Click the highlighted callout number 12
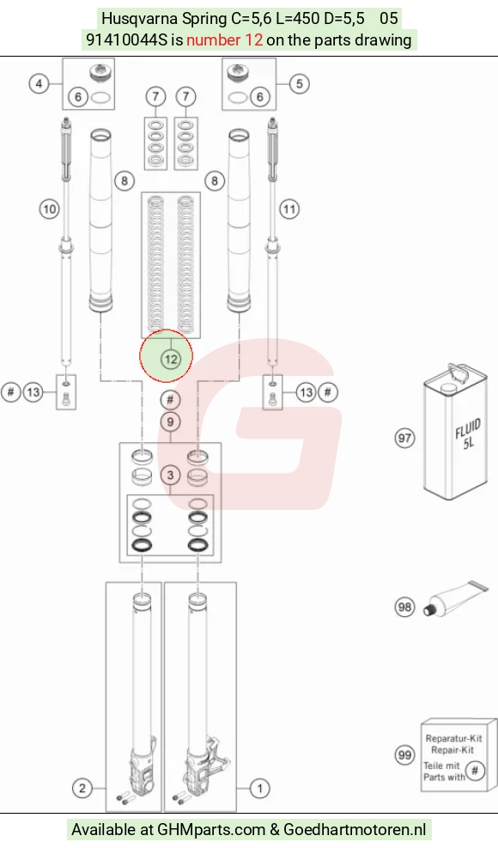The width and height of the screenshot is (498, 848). click(x=171, y=359)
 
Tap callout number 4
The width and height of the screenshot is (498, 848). click(x=39, y=84)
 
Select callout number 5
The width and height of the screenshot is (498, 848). click(x=299, y=84)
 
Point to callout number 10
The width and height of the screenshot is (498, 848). click(x=49, y=209)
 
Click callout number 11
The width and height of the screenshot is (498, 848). click(x=289, y=209)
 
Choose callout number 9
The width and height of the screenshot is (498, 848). click(x=171, y=421)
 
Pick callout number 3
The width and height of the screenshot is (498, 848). click(x=171, y=475)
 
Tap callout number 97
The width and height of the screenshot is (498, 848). click(x=404, y=438)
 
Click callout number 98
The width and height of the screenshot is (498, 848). click(x=404, y=607)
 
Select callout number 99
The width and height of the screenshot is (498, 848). click(x=404, y=755)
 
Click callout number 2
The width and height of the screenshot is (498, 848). click(x=82, y=788)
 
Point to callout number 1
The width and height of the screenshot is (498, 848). click(x=260, y=788)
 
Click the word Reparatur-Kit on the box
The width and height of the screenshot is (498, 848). click(x=453, y=738)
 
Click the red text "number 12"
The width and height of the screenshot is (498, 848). click(x=225, y=39)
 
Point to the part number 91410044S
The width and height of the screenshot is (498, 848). click(x=127, y=39)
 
